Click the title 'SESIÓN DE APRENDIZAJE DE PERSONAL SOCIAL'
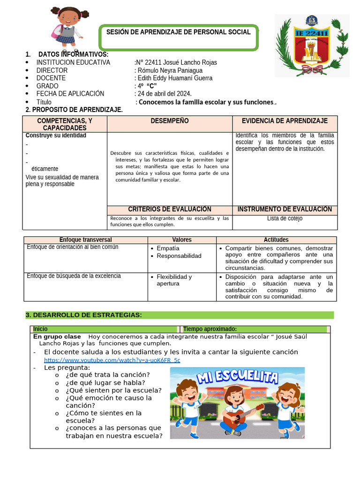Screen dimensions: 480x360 179,32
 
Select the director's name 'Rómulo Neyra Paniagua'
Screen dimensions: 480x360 169,70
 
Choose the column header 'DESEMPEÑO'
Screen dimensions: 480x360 170,121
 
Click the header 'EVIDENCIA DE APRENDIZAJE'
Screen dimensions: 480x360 285,121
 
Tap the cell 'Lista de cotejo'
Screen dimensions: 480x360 285,218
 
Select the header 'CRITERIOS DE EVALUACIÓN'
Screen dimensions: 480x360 170,210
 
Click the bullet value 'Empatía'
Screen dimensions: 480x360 168,248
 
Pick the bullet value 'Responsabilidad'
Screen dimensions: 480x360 179,256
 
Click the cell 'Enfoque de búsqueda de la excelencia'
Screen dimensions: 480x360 74,276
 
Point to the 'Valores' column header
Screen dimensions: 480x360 182,240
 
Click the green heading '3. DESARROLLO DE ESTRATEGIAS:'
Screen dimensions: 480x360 83,315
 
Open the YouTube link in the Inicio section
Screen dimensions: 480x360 112,360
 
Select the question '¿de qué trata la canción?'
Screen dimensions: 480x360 108,375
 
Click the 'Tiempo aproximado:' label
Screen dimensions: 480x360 210,329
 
